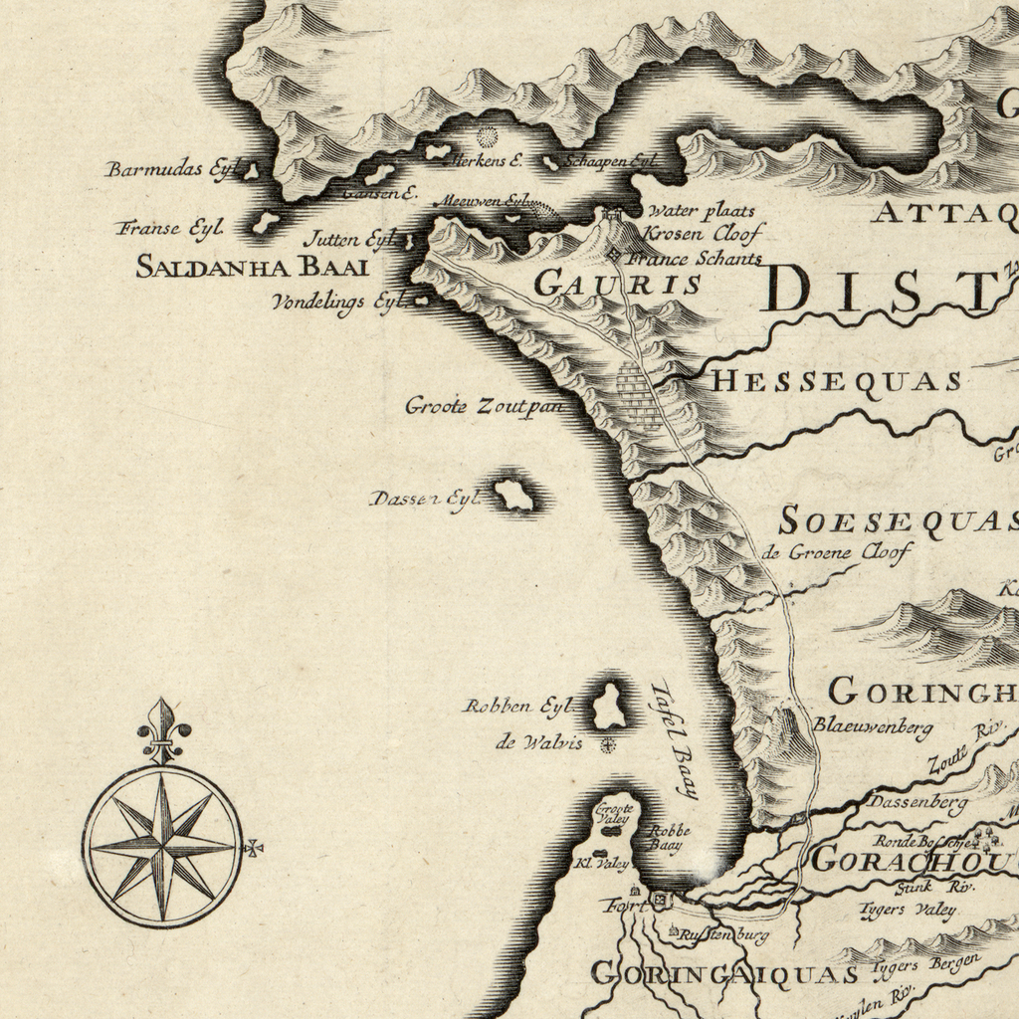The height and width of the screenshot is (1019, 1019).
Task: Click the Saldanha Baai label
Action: tap(252, 267)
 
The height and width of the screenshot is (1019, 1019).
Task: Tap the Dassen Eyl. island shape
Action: tap(514, 495)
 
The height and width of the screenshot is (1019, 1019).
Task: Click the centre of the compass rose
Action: tap(162, 846)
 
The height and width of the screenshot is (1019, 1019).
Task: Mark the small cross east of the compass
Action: tap(254, 848)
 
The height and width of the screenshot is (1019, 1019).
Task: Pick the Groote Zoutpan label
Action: tap(484, 406)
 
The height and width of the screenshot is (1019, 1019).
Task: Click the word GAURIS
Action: tap(618, 285)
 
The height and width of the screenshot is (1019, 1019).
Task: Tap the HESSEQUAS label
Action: tap(836, 381)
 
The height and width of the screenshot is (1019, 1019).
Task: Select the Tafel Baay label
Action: tap(674, 739)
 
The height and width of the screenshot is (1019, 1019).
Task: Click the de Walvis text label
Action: tap(538, 741)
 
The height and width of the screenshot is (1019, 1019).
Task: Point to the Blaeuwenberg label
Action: tap(873, 726)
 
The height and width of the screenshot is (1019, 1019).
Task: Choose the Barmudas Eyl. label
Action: tap(168, 169)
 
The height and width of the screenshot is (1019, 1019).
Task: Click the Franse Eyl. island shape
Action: tap(265, 223)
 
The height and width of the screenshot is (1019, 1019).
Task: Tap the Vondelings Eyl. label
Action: tap(334, 303)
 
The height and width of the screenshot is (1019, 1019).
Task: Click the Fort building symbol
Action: tap(658, 901)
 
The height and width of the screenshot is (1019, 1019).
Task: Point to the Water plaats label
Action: tap(701, 211)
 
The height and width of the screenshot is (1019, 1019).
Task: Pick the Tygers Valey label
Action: tap(908, 910)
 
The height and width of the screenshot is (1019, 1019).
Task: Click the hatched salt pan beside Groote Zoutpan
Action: tap(638, 396)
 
